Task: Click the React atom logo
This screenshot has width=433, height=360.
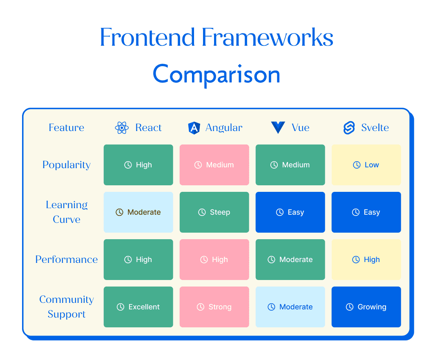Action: pyautogui.click(x=122, y=128)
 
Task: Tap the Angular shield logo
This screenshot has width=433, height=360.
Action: pyautogui.click(x=194, y=128)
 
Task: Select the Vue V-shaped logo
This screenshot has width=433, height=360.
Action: pyautogui.click(x=278, y=127)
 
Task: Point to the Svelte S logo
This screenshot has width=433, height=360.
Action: pyautogui.click(x=349, y=128)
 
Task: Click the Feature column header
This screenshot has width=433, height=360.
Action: pyautogui.click(x=66, y=127)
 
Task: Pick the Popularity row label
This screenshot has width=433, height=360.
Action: pyautogui.click(x=66, y=165)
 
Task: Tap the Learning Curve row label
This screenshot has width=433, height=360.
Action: pyautogui.click(x=67, y=212)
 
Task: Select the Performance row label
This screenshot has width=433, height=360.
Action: pyautogui.click(x=66, y=259)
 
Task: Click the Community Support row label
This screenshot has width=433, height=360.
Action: pyautogui.click(x=67, y=307)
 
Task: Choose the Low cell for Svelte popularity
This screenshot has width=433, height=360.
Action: pyautogui.click(x=366, y=165)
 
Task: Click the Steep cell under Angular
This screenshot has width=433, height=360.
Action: pyautogui.click(x=214, y=212)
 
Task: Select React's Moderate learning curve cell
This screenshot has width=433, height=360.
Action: pyautogui.click(x=138, y=212)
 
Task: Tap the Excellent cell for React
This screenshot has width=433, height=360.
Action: pyautogui.click(x=138, y=307)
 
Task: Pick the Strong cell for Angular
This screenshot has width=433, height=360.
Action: pyautogui.click(x=214, y=307)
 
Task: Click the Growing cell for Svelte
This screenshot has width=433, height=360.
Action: pyautogui.click(x=366, y=307)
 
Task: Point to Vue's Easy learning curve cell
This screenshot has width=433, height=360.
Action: pyautogui.click(x=290, y=212)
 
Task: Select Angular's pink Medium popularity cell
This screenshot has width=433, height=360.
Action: pyautogui.click(x=214, y=165)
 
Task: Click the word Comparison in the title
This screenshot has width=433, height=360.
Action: pyautogui.click(x=216, y=74)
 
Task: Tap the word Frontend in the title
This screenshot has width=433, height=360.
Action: pyautogui.click(x=147, y=37)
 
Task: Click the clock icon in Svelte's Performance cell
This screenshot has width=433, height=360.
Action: pyautogui.click(x=356, y=260)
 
